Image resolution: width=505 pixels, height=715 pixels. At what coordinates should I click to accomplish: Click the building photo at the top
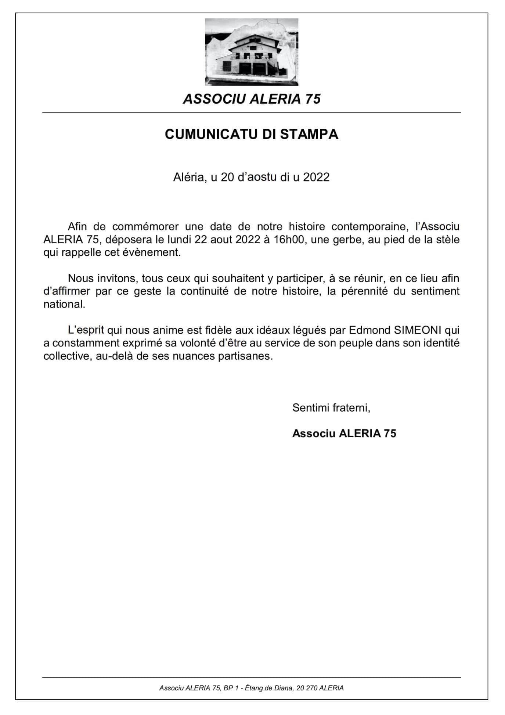[252, 53]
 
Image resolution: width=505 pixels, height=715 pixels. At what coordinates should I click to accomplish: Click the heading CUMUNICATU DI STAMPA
[252, 134]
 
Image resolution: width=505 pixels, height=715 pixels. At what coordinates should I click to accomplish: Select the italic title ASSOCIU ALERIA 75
[252, 99]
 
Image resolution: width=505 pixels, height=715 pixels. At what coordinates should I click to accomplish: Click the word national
[64, 305]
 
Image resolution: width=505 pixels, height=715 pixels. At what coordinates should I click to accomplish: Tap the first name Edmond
[369, 330]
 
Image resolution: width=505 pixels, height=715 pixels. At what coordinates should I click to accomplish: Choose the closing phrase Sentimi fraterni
[331, 407]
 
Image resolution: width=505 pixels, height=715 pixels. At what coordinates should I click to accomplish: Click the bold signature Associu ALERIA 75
[344, 434]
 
